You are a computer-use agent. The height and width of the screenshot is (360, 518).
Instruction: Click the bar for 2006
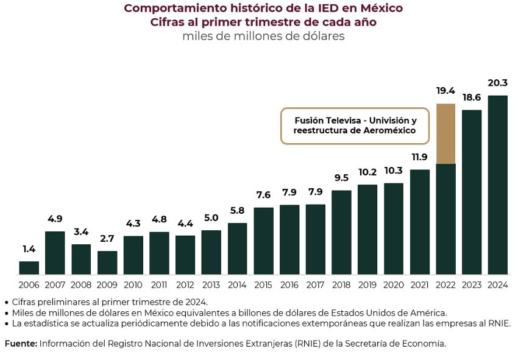coord(29,268)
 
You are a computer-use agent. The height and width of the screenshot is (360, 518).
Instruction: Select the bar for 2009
coord(107,263)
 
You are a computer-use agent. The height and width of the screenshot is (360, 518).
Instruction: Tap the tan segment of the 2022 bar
coord(446,133)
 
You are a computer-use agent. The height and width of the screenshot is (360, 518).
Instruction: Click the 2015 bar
coord(263,241)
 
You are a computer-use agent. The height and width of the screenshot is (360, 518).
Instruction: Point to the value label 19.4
coord(446,91)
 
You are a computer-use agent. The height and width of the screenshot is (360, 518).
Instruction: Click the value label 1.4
coord(29,249)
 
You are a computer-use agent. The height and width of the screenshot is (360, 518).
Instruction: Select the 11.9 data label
coord(420,157)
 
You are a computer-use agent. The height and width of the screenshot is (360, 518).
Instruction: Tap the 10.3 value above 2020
coord(394,171)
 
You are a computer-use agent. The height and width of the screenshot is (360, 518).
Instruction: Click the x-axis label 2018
coord(341,284)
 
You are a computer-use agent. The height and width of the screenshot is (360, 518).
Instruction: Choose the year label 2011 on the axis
coord(159,284)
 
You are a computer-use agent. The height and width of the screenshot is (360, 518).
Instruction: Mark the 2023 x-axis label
coord(472,284)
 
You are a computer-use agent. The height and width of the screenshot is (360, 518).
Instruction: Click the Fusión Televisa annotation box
coord(355,126)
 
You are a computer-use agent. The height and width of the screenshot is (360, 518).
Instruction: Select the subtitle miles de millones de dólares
coord(263,36)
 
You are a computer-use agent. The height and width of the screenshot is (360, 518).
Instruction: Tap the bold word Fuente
coord(21,344)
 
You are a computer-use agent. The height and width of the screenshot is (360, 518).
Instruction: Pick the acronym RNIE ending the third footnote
coord(498,323)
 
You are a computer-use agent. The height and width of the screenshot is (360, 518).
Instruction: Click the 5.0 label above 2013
coord(211,218)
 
